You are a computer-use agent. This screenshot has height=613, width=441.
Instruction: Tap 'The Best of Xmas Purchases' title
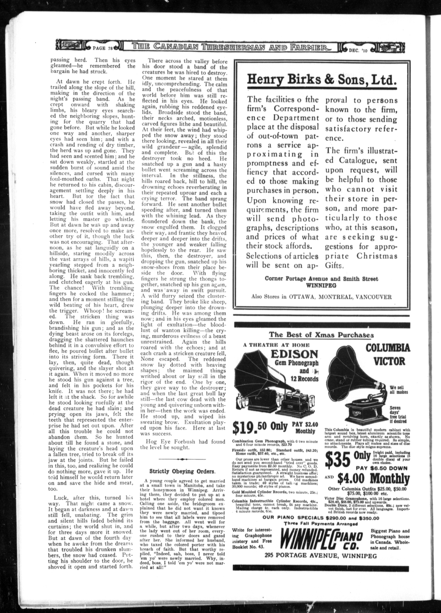[321, 335]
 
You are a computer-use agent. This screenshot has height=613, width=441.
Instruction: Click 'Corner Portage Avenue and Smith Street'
[321, 279]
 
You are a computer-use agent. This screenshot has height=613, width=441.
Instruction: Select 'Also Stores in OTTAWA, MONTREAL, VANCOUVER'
[321, 297]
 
